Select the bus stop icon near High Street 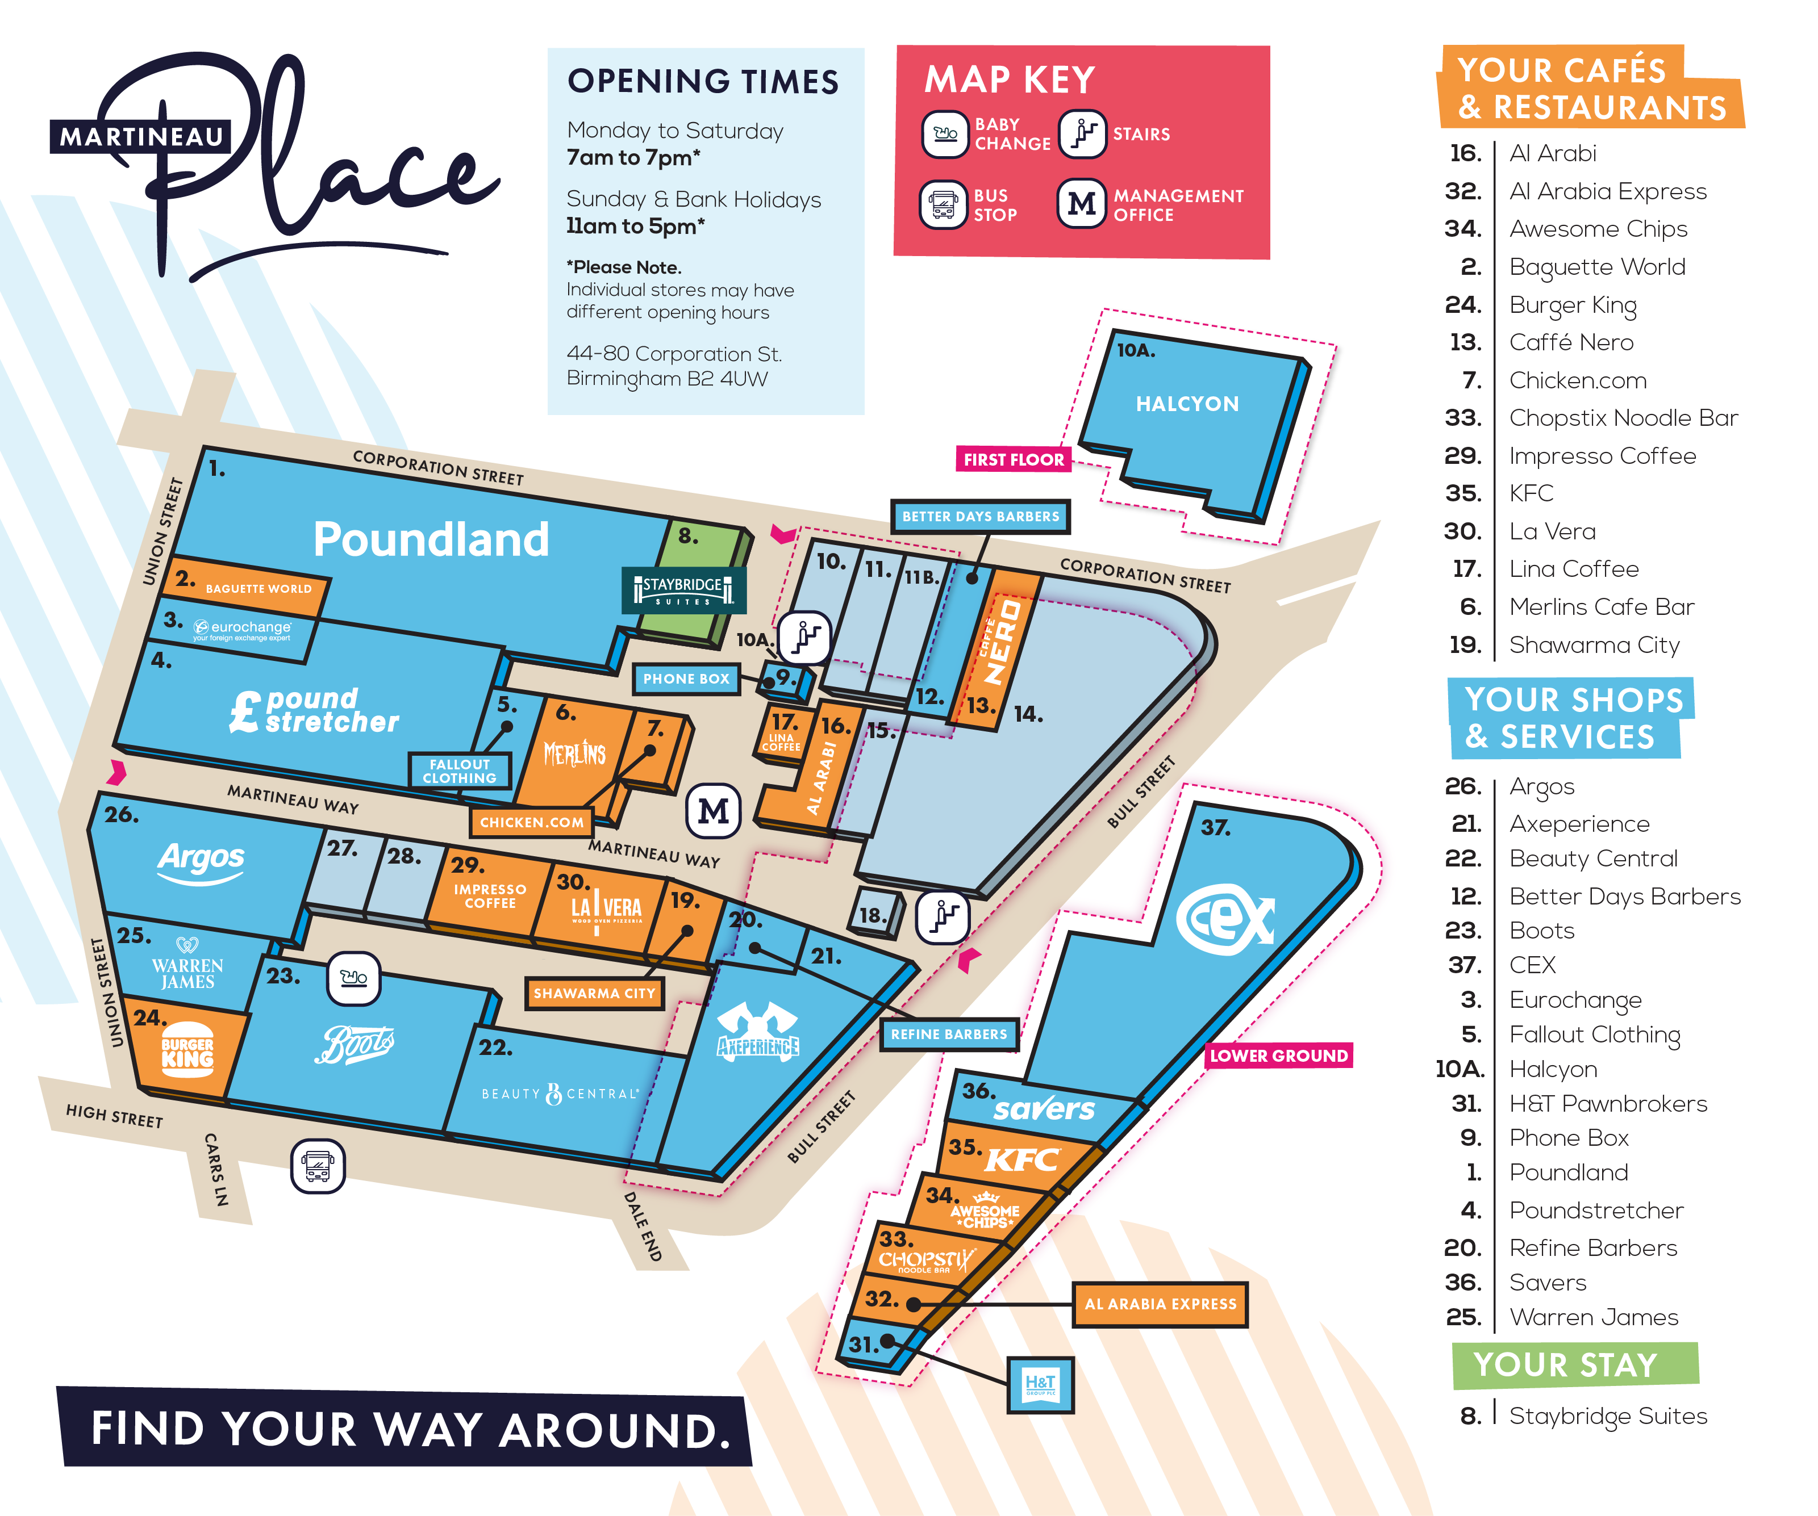[318, 1166]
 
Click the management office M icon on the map [714, 811]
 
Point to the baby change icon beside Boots [353, 978]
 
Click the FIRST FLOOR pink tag [1013, 459]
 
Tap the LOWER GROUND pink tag [1279, 1056]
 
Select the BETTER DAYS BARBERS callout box [980, 517]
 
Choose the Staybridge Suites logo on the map [683, 590]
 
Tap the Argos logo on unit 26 [201, 861]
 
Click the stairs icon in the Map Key [1082, 134]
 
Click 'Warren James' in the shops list [1593, 1317]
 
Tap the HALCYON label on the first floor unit [1187, 404]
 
